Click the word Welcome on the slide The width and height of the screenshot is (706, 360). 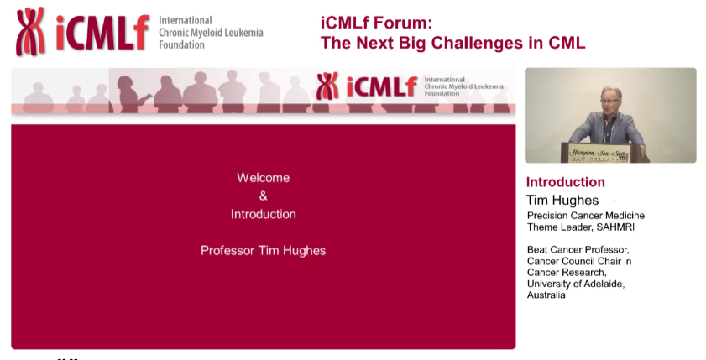tap(263, 178)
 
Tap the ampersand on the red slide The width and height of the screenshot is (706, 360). tap(263, 196)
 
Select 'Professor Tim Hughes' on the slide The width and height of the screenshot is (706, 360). tap(263, 250)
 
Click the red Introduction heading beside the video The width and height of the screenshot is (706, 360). tap(565, 182)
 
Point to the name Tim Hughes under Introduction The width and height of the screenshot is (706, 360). tap(562, 201)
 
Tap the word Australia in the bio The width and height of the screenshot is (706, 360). tap(546, 295)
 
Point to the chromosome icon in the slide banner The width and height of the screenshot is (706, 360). tap(327, 86)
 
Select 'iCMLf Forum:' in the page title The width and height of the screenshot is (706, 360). tap(370, 23)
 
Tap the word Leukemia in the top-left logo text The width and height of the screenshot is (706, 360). tap(240, 33)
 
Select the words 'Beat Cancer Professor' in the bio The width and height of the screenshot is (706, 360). tap(578, 249)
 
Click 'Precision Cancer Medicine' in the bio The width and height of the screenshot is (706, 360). tap(585, 216)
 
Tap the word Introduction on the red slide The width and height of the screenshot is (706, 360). tap(263, 214)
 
